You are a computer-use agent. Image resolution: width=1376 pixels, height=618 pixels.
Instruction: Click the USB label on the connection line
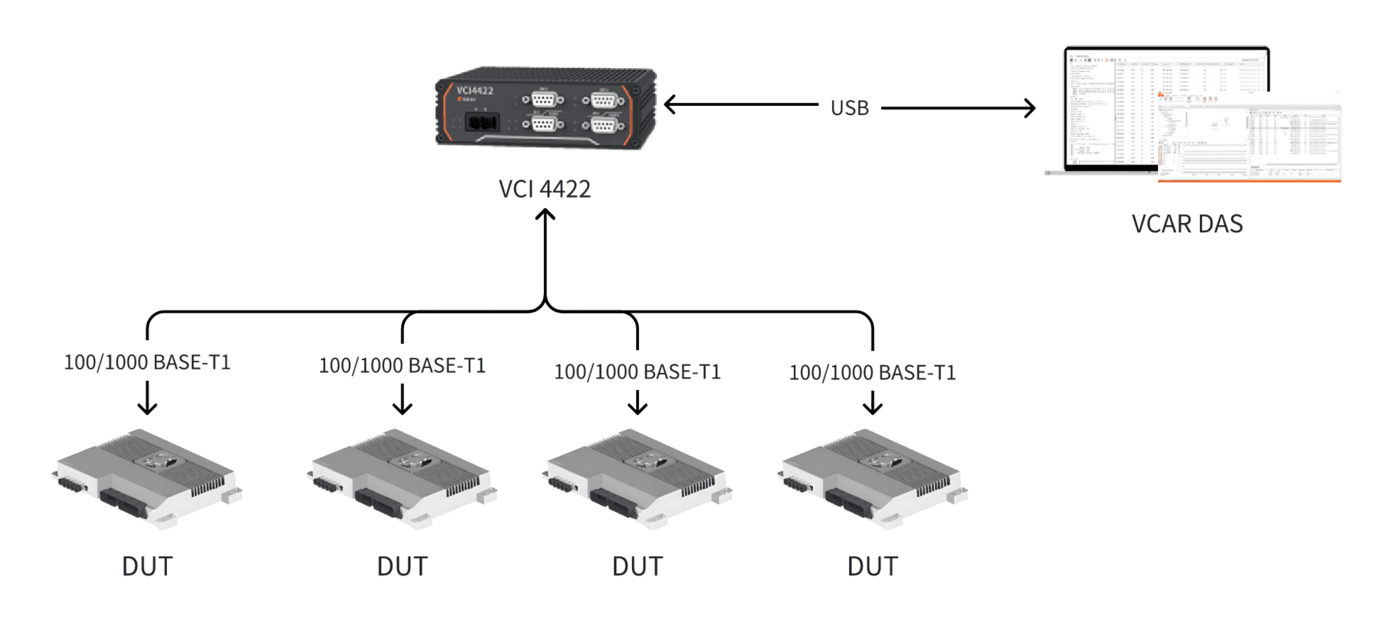(849, 108)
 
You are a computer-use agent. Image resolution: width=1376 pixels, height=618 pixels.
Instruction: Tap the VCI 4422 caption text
(544, 189)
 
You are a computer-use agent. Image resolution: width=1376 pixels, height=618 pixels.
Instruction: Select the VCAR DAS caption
(1187, 224)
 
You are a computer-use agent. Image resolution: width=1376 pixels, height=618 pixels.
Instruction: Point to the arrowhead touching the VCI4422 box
(670, 104)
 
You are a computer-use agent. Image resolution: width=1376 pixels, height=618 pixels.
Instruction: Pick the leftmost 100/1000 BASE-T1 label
(147, 362)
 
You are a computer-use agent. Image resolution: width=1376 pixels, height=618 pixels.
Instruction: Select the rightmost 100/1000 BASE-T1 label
(872, 372)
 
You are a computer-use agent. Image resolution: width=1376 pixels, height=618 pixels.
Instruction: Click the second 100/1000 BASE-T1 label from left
(402, 366)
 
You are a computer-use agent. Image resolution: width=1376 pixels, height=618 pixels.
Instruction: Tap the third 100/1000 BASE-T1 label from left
(637, 372)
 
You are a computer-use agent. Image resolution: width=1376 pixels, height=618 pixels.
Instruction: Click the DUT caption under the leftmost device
(147, 566)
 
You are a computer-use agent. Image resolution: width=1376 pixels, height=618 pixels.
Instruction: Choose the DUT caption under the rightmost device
(872, 566)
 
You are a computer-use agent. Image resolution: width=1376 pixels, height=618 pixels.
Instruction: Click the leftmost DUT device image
(147, 478)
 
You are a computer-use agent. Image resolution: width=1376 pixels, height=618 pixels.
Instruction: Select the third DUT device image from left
(637, 478)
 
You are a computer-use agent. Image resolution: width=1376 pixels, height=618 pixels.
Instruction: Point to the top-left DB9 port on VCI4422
(543, 99)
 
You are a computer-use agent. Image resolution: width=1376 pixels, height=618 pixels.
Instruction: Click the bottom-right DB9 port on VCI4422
(603, 126)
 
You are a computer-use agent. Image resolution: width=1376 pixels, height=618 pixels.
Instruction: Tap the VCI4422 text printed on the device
(475, 90)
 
